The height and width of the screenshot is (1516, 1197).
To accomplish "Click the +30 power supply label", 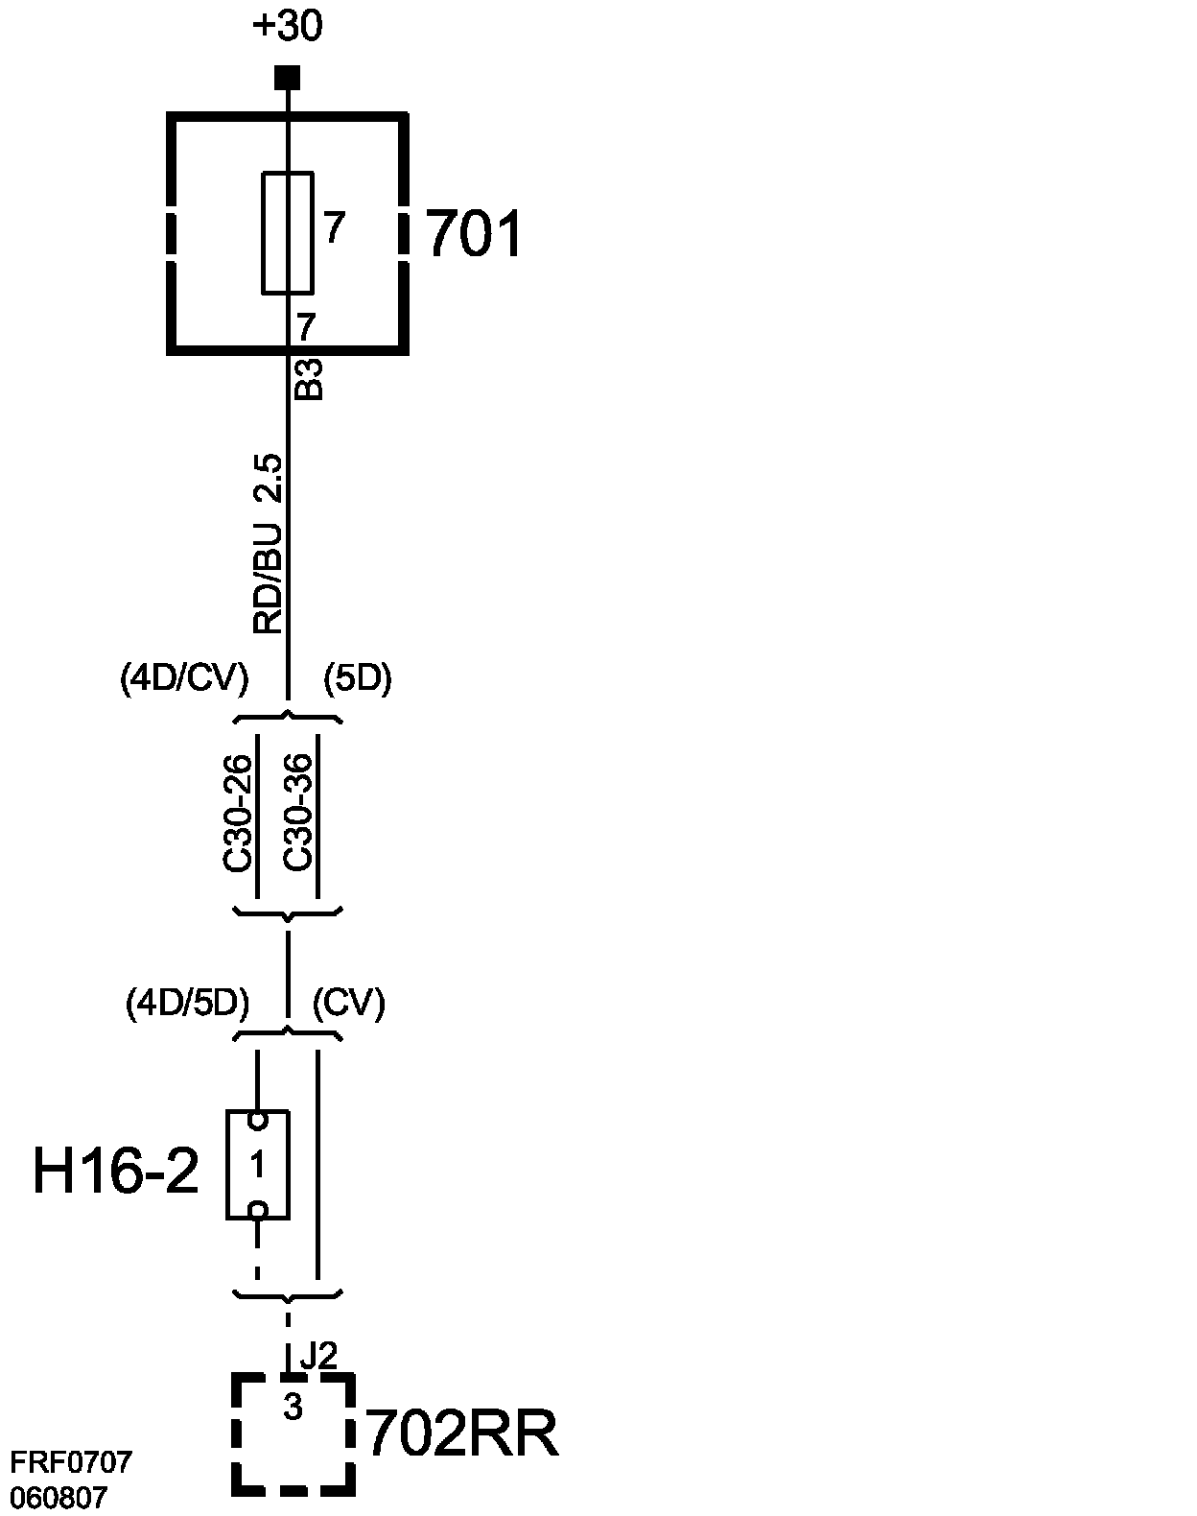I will [x=287, y=27].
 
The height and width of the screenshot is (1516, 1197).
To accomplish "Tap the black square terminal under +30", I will [x=287, y=77].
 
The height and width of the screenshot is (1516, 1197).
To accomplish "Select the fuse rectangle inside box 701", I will [x=287, y=232].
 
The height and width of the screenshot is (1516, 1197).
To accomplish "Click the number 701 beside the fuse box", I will [x=473, y=233].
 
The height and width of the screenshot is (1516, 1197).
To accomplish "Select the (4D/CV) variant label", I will [x=184, y=678].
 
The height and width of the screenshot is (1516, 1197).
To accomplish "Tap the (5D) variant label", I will [x=357, y=678].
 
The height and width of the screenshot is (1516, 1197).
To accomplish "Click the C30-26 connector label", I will [x=238, y=814].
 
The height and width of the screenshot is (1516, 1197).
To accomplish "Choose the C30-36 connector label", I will [x=298, y=814].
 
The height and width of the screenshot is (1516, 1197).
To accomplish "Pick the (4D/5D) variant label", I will [x=188, y=1003].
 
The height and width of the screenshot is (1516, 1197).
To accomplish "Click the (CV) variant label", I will [x=349, y=1003].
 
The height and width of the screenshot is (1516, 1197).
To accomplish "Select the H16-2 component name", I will [x=116, y=1172].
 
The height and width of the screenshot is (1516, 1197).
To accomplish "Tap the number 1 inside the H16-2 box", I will [x=257, y=1165].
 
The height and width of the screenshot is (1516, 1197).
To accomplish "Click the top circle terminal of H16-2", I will [x=257, y=1120].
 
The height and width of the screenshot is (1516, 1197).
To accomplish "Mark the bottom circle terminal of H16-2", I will [x=257, y=1210].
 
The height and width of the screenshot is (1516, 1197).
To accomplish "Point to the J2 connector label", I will [x=318, y=1356].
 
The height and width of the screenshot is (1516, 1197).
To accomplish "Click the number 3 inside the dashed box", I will [x=293, y=1408].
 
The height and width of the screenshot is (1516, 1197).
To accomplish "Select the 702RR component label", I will [x=462, y=1434].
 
